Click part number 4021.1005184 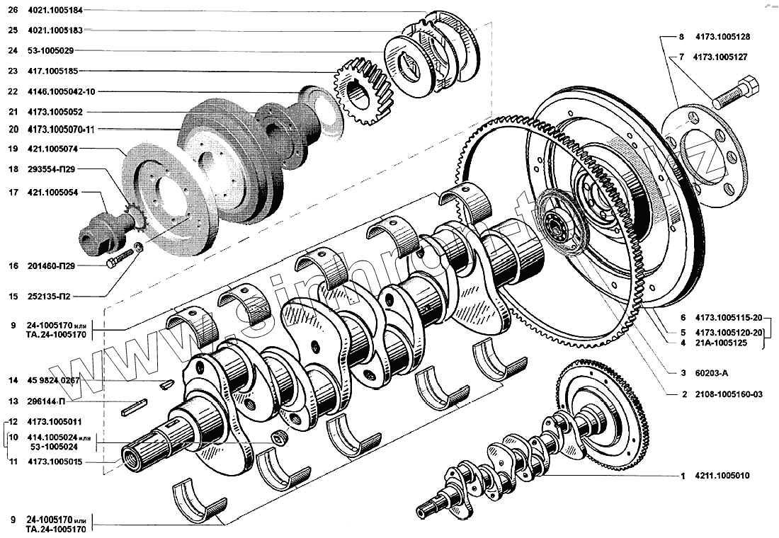[55, 11]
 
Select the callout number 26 [13, 11]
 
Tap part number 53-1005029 [50, 50]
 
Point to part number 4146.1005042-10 [61, 91]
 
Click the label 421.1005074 [52, 149]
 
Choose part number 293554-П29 [52, 170]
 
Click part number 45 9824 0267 [56, 381]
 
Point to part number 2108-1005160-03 [729, 394]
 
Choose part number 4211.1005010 [722, 476]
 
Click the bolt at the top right [737, 94]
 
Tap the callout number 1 [682, 476]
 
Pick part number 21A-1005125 [720, 343]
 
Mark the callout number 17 [13, 192]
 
